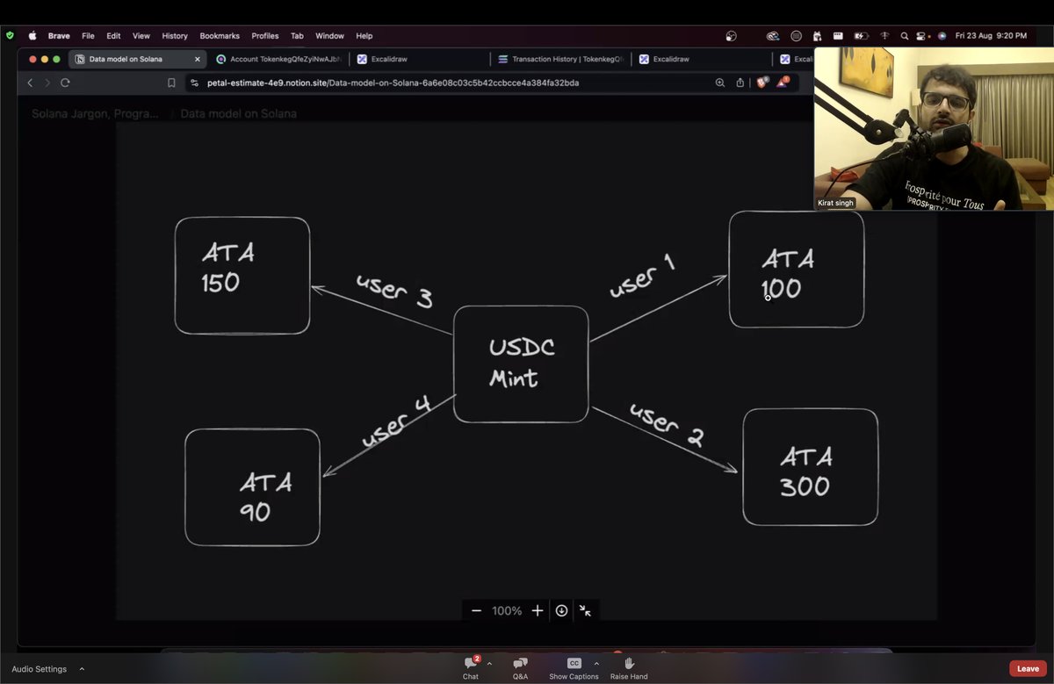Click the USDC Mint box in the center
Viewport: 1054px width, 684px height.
click(x=521, y=364)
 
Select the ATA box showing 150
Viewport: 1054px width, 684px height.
click(x=242, y=276)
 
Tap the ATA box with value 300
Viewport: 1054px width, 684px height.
click(x=810, y=467)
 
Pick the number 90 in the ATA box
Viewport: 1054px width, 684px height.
click(x=255, y=512)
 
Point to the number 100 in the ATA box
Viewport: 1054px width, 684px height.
click(x=782, y=289)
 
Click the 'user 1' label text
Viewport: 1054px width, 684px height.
click(x=642, y=276)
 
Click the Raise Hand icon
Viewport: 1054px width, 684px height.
click(x=629, y=663)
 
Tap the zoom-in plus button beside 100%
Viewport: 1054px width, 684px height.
click(x=538, y=611)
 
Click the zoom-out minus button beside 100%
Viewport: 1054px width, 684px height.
click(x=476, y=611)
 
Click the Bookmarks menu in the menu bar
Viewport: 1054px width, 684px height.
click(x=220, y=36)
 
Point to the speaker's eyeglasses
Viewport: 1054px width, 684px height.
click(x=945, y=103)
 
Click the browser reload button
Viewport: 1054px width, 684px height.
click(x=65, y=83)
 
